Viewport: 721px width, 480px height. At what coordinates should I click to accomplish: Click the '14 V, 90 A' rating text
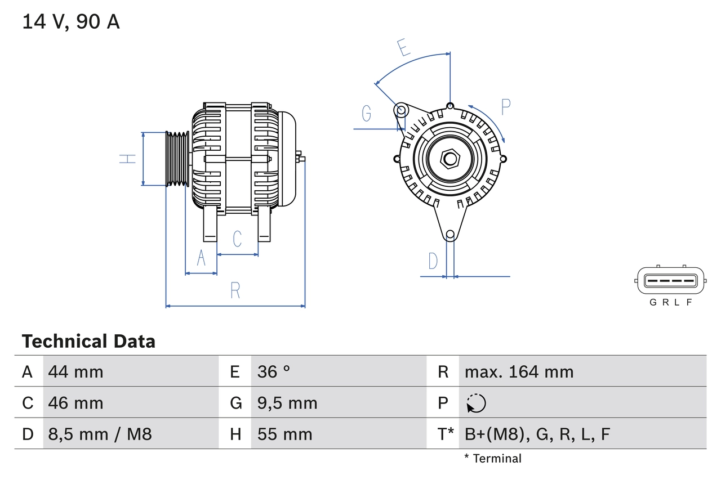coord(71,22)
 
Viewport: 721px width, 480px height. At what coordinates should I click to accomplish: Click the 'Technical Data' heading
coord(88,342)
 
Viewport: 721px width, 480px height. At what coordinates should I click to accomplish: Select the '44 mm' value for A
coord(76,371)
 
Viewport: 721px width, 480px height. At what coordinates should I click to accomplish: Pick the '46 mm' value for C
coord(76,403)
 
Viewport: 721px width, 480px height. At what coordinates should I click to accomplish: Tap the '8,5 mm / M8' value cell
coord(100,434)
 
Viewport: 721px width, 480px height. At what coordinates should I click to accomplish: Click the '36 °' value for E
coord(274,371)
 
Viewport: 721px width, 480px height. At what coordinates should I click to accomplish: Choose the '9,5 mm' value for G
coord(287,403)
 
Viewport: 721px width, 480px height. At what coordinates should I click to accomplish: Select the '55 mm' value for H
coord(284,434)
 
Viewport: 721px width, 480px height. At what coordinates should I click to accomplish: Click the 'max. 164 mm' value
coord(519,371)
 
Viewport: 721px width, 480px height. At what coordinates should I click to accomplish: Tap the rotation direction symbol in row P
coord(476,403)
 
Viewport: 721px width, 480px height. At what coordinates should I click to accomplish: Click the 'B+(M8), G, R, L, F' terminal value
coord(537,434)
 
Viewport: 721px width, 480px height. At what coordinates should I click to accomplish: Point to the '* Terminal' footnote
coord(493,459)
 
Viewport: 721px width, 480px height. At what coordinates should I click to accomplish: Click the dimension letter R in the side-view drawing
coord(235,290)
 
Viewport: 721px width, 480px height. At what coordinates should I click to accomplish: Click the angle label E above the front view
coord(403,48)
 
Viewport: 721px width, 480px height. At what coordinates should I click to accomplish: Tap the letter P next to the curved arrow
coord(505,107)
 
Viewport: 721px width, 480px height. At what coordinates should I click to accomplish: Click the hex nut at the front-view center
coord(449,159)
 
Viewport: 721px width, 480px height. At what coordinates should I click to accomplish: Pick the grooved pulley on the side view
coord(177,159)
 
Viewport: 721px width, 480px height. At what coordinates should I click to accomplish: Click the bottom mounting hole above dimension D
coord(449,235)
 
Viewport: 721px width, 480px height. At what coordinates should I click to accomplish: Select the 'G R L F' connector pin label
coord(670,302)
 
